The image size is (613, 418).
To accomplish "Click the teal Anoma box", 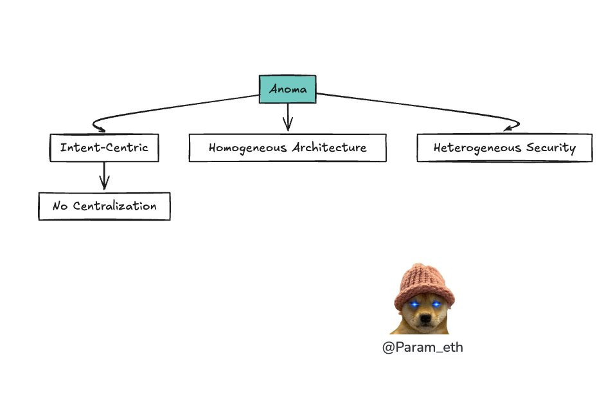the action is tap(288, 89).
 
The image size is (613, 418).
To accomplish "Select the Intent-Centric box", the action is tap(104, 147).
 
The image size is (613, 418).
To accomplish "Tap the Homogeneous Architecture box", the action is tap(288, 147).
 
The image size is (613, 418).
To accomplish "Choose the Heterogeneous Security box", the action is tap(504, 147).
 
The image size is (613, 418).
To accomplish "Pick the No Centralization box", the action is tap(104, 206).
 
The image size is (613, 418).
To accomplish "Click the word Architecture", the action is tap(329, 147).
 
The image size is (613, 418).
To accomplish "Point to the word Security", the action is tap(551, 148).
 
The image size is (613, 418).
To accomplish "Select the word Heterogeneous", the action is tap(477, 148).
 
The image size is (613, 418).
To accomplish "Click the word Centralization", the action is tap(115, 206).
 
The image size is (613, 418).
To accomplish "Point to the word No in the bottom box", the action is tap(60, 206).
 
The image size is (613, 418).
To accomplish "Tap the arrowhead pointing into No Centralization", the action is tap(104, 184).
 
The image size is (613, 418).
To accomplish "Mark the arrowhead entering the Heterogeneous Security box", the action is tap(509, 127).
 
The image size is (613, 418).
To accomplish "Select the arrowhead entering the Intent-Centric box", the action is tap(100, 129).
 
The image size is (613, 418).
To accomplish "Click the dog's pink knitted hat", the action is tap(424, 285).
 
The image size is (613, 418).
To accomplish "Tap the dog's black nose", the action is tap(425, 319).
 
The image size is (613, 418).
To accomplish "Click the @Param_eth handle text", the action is tap(423, 347).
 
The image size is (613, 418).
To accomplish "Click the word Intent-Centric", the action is tap(104, 147).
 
